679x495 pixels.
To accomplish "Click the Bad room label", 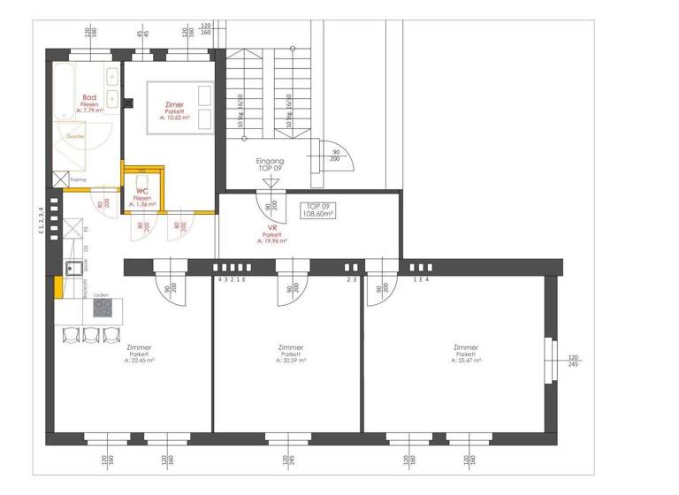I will pos(89,97).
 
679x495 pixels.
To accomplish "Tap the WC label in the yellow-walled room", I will pos(141,190).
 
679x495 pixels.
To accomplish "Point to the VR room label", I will pos(273,226).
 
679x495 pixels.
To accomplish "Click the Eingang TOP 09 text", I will pos(269,164).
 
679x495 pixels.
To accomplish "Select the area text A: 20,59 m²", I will pos(290,361).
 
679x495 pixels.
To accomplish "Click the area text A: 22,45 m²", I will pos(141,361).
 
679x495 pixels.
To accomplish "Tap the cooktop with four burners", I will pos(102,308).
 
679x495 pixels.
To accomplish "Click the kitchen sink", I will pos(73,268).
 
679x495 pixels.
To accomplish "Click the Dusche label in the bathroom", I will pos(75,137).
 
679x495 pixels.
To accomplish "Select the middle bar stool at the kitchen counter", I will pos(90,334).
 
